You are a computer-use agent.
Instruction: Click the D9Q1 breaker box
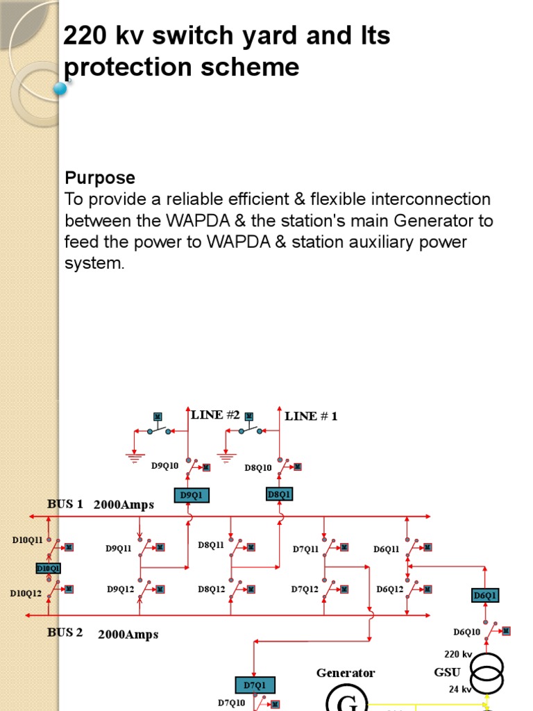pyautogui.click(x=190, y=495)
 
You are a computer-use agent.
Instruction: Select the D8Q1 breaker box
pyautogui.click(x=279, y=494)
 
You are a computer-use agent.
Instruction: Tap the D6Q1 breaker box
pyautogui.click(x=485, y=595)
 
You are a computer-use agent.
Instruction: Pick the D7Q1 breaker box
pyautogui.click(x=255, y=685)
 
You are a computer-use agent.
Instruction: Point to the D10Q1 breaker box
pyautogui.click(x=49, y=568)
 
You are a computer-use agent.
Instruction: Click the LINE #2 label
pyautogui.click(x=215, y=415)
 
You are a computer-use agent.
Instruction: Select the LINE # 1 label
pyautogui.click(x=311, y=416)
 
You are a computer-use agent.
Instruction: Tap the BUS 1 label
pyautogui.click(x=65, y=504)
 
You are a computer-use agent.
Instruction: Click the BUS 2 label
pyautogui.click(x=65, y=633)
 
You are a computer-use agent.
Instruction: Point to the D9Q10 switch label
pyautogui.click(x=165, y=466)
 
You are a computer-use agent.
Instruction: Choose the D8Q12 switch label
pyautogui.click(x=212, y=589)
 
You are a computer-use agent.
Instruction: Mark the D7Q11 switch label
pyautogui.click(x=305, y=549)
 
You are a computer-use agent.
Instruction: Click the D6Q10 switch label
pyautogui.click(x=467, y=632)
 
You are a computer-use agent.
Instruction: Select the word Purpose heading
pyautogui.click(x=100, y=178)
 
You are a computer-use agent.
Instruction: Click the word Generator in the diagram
pyautogui.click(x=346, y=673)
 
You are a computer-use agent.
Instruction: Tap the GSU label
pyautogui.click(x=447, y=672)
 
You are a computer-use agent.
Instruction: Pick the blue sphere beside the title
pyautogui.click(x=60, y=88)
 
